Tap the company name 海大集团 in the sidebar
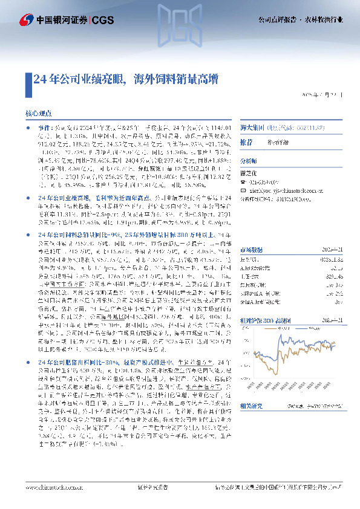[x=249, y=128]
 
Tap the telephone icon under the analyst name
[x=243, y=181]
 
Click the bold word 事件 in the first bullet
[x=45, y=128]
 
